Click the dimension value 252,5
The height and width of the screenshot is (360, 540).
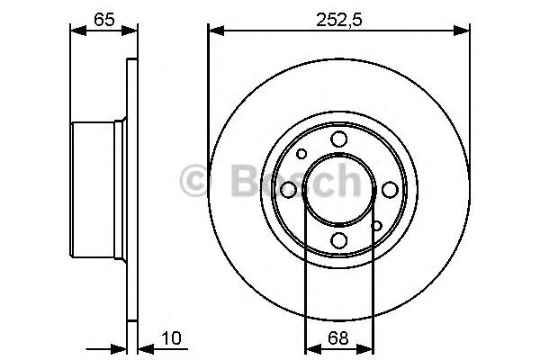[x=339, y=20]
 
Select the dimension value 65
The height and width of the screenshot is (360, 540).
[x=104, y=20]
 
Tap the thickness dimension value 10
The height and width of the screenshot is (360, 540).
[x=171, y=338]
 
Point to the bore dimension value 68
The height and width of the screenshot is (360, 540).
[x=338, y=338]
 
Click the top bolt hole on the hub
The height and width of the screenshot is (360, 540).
[x=339, y=139]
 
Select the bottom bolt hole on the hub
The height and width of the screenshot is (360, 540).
[x=339, y=240]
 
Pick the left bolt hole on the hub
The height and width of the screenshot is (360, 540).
[x=289, y=190]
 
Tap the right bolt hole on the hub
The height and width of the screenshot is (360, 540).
[x=390, y=190]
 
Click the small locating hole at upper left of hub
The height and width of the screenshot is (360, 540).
[x=301, y=154]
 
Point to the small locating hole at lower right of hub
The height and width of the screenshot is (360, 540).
[x=377, y=226]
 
